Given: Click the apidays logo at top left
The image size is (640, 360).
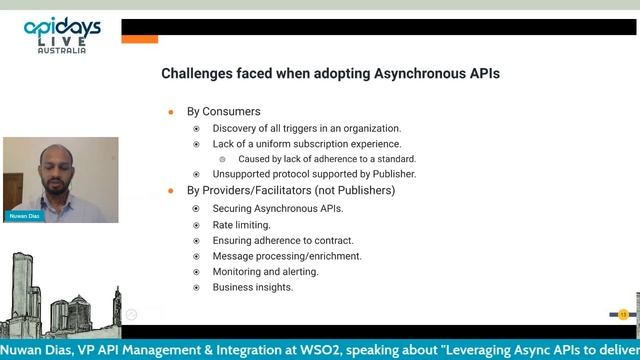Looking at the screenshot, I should coord(61,30).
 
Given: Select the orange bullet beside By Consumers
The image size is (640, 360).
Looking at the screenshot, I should coord(171,111).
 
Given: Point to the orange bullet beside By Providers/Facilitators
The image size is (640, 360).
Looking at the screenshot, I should coord(171,190).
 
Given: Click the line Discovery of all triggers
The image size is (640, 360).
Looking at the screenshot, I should coord(307,128).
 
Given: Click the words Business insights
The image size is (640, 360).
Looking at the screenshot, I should coord(253,287).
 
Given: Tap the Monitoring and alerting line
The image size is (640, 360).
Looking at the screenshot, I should coord(266,271).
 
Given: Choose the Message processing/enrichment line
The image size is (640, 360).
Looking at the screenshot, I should coord(287,256).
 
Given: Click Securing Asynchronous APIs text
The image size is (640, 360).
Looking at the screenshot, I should coord(278,209).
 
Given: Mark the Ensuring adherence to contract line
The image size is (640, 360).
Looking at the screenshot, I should coord(283,240).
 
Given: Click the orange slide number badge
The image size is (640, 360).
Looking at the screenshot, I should coord(623,314).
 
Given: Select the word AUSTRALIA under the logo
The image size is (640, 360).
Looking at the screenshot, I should coord(61,50).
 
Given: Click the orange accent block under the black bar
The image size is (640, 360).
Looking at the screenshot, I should coord(140,39).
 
